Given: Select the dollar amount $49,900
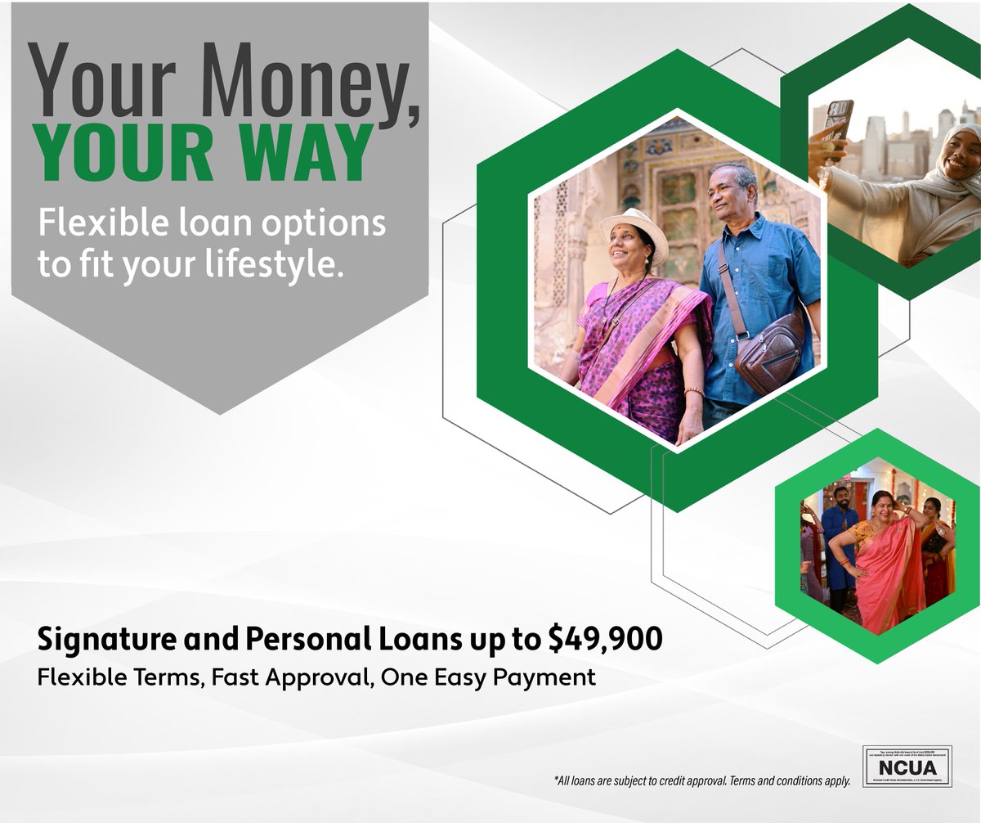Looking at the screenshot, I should point(605,640).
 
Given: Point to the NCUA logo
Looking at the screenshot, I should point(907,767).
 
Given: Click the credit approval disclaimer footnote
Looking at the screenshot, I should point(702,781).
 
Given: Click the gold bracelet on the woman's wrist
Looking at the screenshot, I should point(693,392).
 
